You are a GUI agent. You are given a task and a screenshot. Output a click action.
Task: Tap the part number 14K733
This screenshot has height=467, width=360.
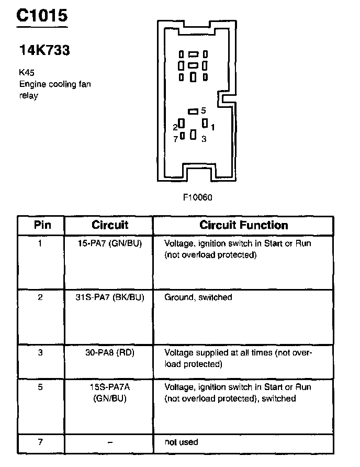click(44, 51)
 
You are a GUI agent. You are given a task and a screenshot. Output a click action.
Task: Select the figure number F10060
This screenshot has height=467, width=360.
click(198, 197)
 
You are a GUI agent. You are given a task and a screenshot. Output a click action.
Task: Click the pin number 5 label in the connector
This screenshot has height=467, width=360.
click(204, 110)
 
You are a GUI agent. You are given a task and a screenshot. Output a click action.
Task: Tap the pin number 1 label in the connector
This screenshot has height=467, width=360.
click(213, 127)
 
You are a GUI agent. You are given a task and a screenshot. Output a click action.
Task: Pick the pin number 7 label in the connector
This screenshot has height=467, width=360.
click(175, 139)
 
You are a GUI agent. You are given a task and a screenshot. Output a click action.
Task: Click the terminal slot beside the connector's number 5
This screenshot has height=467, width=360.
click(193, 111)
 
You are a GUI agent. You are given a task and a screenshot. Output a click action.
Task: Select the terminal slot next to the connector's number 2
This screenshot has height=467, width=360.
click(182, 124)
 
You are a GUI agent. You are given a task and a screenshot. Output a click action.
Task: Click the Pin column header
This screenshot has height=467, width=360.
click(42, 226)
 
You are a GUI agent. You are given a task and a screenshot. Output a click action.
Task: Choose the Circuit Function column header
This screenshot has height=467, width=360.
click(244, 226)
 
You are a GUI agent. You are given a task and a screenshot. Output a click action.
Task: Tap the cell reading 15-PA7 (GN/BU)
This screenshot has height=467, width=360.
click(110, 243)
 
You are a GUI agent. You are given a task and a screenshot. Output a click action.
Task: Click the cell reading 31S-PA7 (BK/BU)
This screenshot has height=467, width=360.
click(110, 297)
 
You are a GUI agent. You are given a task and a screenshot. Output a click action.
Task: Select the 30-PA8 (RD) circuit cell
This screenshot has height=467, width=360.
click(110, 352)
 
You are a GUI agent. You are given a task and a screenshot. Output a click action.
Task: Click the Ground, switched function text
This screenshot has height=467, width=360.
click(198, 297)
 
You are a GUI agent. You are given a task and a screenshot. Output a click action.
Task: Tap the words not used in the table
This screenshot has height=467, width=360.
click(181, 442)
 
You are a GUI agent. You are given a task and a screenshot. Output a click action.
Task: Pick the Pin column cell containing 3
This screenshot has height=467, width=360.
click(41, 352)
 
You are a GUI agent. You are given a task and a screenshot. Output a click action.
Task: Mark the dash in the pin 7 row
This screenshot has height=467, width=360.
click(110, 442)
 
